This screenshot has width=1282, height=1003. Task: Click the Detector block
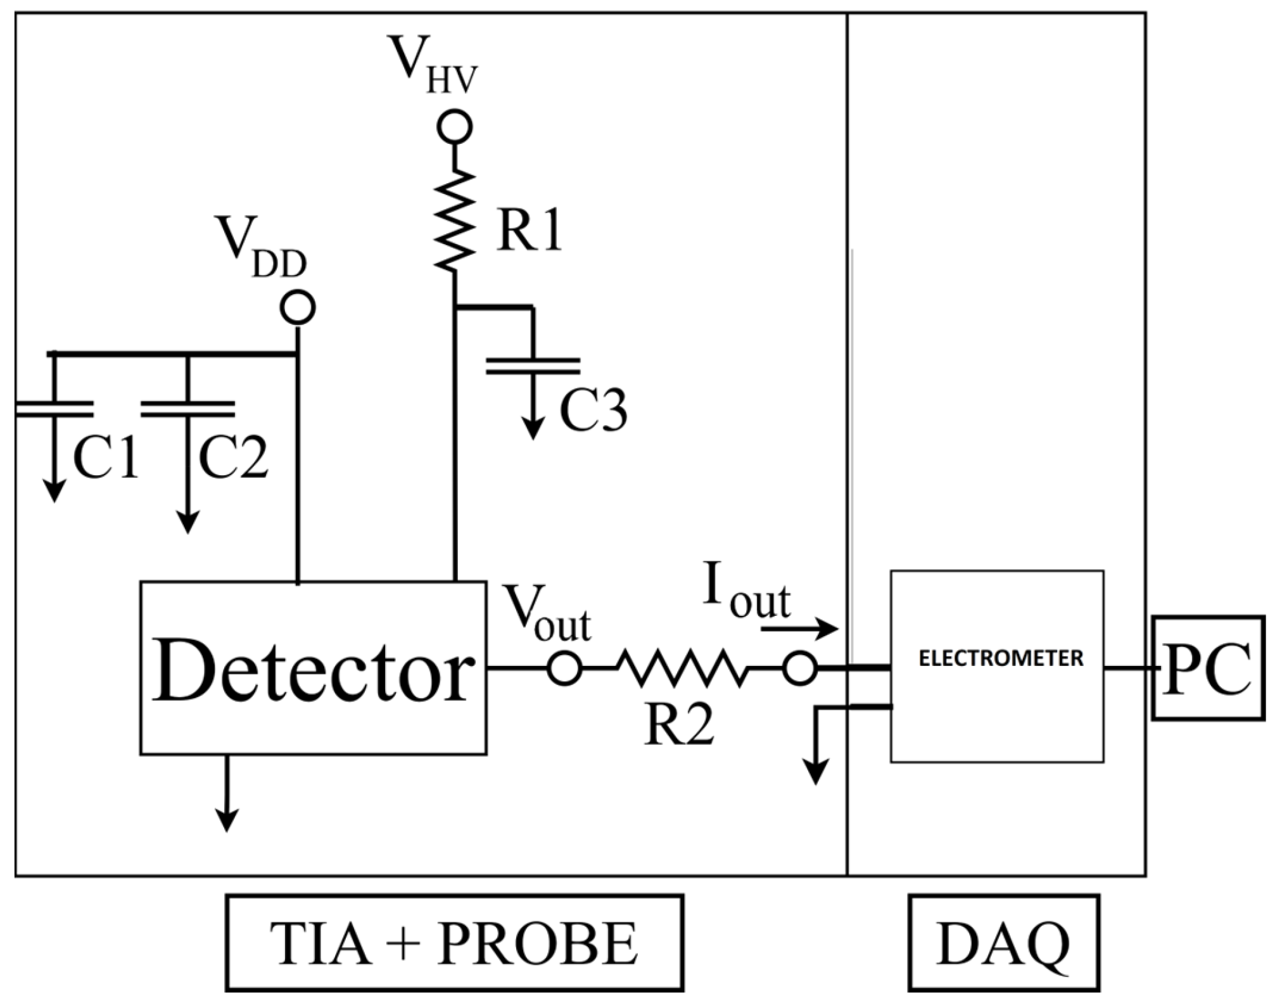tap(313, 667)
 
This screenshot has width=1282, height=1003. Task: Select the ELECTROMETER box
tap(997, 666)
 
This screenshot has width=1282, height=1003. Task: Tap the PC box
tap(1207, 668)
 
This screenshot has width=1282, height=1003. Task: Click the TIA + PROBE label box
tap(454, 942)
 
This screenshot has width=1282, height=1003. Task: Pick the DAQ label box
tap(1003, 942)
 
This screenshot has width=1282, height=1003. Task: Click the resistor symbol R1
tap(455, 220)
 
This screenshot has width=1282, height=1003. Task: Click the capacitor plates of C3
tap(533, 366)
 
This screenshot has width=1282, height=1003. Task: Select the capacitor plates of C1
tap(53, 409)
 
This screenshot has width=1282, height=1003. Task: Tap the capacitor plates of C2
tap(187, 409)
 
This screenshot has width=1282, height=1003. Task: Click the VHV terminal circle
tap(455, 127)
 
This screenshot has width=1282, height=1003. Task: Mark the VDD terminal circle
tap(298, 308)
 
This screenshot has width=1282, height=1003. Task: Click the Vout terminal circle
tap(564, 668)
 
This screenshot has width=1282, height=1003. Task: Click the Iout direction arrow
tap(799, 629)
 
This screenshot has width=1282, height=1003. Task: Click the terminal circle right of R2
tap(799, 668)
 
